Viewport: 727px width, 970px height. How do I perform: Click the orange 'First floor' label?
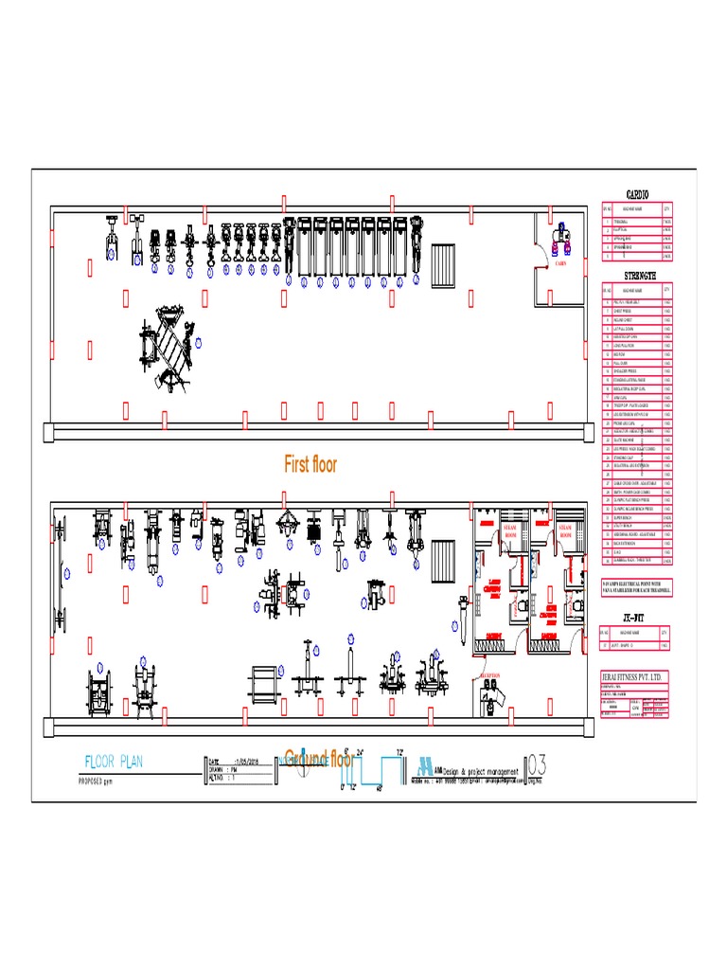(x=310, y=464)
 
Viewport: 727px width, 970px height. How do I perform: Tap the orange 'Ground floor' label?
(x=319, y=758)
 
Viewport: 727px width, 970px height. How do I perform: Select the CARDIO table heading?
(x=637, y=194)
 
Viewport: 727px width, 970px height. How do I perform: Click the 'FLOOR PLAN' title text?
(x=114, y=762)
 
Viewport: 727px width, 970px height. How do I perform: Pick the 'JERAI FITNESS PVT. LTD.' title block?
(x=636, y=676)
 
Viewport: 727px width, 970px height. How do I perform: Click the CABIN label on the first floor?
(x=560, y=264)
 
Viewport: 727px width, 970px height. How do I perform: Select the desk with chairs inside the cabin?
(x=560, y=237)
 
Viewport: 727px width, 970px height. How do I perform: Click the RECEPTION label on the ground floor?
(x=489, y=675)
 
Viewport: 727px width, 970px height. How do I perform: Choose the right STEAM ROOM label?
(x=566, y=531)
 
